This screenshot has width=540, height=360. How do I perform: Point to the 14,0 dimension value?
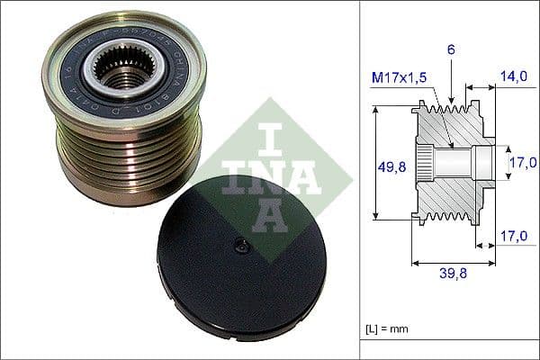(x=515, y=78)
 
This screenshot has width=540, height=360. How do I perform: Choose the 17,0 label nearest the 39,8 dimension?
(x=515, y=237)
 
